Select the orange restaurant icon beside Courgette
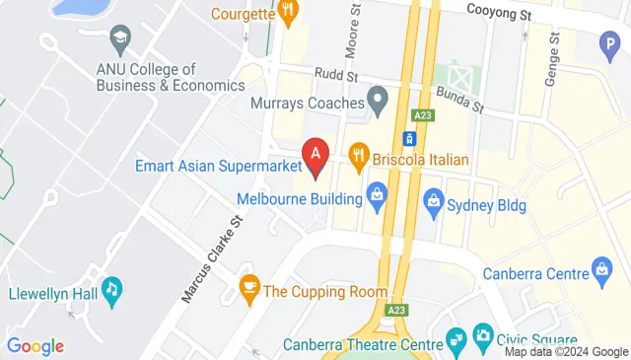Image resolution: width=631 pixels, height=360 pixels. tap(288, 13)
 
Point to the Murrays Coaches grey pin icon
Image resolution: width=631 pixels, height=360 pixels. tap(376, 99)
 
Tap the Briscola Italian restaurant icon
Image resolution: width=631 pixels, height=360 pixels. tap(359, 157)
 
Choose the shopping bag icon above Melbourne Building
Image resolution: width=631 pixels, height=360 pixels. tap(376, 193)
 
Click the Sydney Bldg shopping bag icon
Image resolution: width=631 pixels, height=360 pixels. tap(431, 205)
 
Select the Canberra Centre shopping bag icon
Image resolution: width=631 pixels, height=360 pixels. tap(600, 268)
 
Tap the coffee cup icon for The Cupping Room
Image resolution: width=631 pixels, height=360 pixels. tap(249, 290)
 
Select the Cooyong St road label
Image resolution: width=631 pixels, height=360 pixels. tap(498, 15)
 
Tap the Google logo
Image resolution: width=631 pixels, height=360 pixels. tap(35, 345)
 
